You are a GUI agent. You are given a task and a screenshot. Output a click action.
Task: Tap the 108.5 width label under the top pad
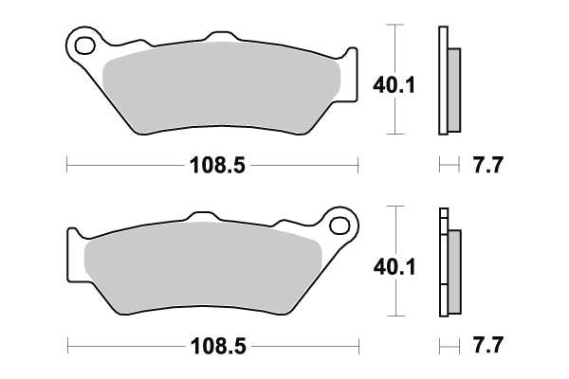(213, 166)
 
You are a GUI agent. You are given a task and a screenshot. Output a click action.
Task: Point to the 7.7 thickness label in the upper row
(486, 166)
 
